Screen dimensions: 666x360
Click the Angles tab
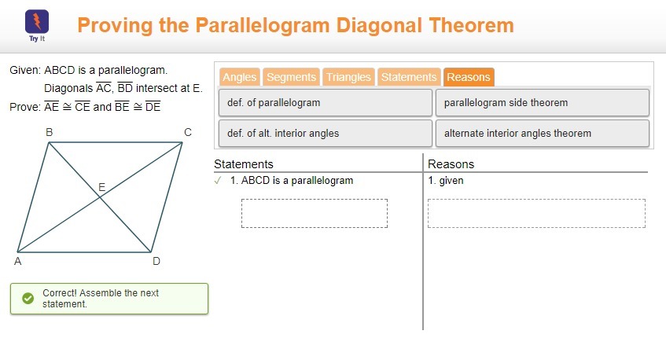240,77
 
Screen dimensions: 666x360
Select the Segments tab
292,77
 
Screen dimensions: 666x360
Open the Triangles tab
348,77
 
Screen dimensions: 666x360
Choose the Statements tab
409,77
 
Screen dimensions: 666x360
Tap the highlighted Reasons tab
469,77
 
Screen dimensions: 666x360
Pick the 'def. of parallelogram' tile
326,103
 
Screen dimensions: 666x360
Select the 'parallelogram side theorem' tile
543,103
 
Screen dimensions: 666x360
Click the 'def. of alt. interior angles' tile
326,134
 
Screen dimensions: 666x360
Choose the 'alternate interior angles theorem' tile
543,134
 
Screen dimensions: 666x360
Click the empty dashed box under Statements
315,214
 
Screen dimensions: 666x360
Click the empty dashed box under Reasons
536,214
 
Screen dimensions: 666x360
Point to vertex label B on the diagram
50,133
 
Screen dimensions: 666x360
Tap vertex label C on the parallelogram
188,133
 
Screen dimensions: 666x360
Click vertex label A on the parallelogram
18,262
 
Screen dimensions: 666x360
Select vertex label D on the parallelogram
156,262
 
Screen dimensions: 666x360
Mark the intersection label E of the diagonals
102,187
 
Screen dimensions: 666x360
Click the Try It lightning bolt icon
37,22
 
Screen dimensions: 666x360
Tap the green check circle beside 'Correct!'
28,299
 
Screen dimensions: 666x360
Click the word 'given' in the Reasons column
451,181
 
